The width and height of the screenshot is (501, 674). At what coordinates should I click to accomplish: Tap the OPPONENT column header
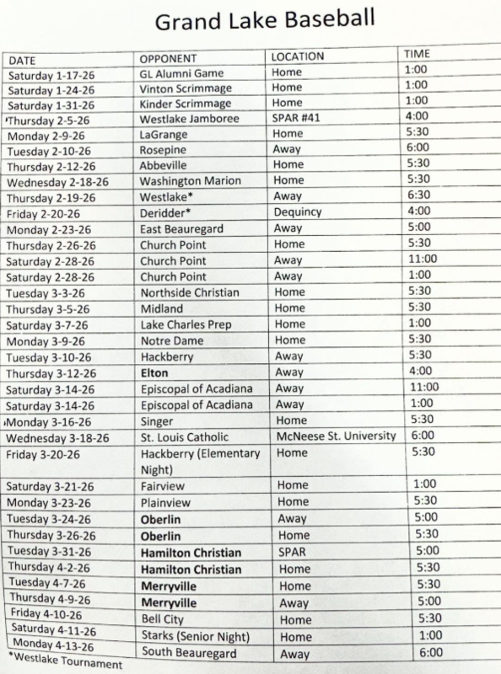(169, 59)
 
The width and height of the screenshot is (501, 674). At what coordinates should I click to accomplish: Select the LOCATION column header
(296, 56)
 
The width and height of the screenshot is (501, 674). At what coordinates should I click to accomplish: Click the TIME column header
(418, 55)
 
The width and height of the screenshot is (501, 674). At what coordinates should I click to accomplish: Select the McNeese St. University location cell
(336, 436)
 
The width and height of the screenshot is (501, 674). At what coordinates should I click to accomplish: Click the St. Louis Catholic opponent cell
(186, 438)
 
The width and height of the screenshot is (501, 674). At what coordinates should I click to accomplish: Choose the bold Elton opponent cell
(154, 373)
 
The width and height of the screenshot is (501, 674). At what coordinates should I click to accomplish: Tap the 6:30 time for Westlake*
(418, 195)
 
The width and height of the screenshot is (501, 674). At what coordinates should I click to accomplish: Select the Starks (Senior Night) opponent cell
(197, 636)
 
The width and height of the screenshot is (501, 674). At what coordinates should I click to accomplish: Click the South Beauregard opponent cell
(190, 652)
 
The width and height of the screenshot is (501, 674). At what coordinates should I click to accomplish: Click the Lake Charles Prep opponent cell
(186, 325)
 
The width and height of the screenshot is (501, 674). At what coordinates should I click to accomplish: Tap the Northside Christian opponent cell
(190, 293)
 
